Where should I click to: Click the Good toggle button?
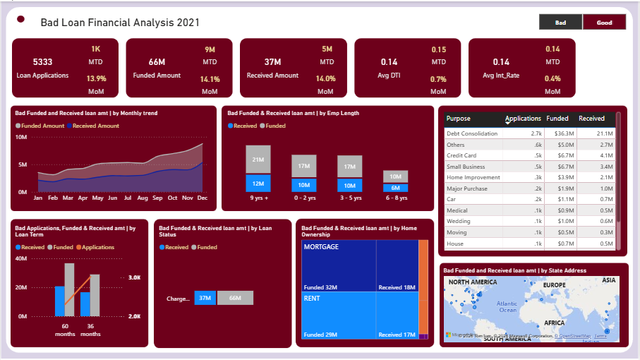click(604, 23)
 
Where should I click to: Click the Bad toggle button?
click(560, 23)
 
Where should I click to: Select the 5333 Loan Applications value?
click(42, 62)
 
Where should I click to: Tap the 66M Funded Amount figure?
click(157, 62)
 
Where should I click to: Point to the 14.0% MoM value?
click(325, 79)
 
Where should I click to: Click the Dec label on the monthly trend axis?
click(203, 198)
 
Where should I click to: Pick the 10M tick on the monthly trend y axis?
click(21, 137)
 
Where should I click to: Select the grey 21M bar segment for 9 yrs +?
click(258, 160)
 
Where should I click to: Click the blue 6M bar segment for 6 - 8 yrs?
click(396, 188)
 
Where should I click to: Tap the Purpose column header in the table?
click(458, 119)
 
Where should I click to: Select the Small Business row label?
click(466, 167)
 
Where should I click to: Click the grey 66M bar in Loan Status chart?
click(235, 298)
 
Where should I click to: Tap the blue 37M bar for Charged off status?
click(205, 298)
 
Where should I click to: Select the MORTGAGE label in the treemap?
click(321, 247)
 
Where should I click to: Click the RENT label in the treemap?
click(312, 299)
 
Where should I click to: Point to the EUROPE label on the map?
click(555, 284)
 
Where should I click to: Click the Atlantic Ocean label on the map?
click(507, 306)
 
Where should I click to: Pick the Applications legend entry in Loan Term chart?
click(98, 248)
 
